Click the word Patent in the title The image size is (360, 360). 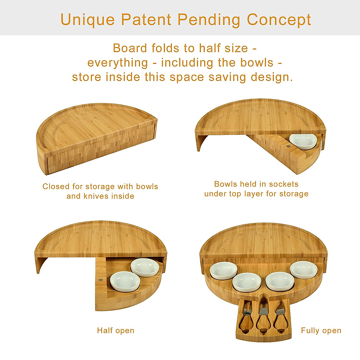pos(146,19)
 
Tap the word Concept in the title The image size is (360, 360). pos(279,20)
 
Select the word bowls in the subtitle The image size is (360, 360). pos(257,63)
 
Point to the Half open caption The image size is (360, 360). pos(115,331)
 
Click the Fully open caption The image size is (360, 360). pos(321,331)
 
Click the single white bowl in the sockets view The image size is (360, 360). pos(303,142)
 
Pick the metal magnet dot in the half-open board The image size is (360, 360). pos(100,280)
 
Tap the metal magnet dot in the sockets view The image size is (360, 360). pos(288,146)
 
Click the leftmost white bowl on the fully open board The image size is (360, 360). pos(223,270)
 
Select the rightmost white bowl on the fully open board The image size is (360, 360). pos(304,270)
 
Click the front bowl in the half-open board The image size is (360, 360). pos(125,282)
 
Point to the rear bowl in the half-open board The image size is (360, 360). pos(145,267)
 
